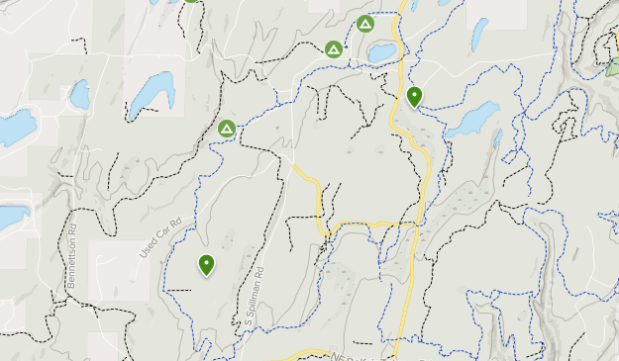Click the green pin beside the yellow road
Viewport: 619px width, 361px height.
[x=414, y=96]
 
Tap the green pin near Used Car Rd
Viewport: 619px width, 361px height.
[x=206, y=264]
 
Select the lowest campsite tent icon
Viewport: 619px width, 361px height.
[x=227, y=129]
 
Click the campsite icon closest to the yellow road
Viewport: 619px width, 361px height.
[x=364, y=24]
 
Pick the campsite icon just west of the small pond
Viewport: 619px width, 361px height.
[x=334, y=47]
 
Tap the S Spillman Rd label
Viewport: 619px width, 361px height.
[x=254, y=297]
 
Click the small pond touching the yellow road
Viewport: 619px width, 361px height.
[x=382, y=50]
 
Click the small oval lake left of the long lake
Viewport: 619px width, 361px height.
[x=79, y=94]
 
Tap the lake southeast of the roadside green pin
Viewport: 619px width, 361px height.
[x=472, y=119]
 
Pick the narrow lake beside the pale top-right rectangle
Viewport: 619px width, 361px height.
[x=479, y=34]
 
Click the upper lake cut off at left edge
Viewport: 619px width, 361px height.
[x=15, y=128]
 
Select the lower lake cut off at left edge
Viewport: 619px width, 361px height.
[x=12, y=217]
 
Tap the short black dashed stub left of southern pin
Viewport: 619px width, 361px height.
[x=178, y=290]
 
